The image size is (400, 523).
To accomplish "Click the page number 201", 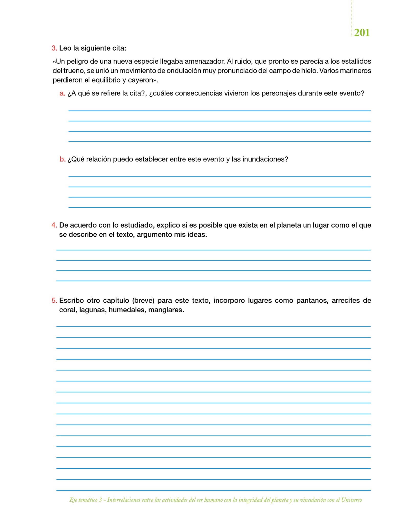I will pos(362,33).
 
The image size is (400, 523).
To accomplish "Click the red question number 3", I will pos(54,48).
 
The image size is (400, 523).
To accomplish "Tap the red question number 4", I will pos(54,225).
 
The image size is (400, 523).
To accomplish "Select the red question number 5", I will pos(54,301).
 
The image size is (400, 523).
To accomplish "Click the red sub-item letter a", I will pos(62,93).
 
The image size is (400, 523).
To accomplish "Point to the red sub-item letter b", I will pos(62,159).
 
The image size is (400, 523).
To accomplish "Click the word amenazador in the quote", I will pos(204,62).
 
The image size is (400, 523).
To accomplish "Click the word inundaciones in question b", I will pos(265,159).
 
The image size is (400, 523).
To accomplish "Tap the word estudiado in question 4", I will pos(137,225).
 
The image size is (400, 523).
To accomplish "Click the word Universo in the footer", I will pos(352,500).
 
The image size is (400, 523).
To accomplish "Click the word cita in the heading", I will pos(119,48).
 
